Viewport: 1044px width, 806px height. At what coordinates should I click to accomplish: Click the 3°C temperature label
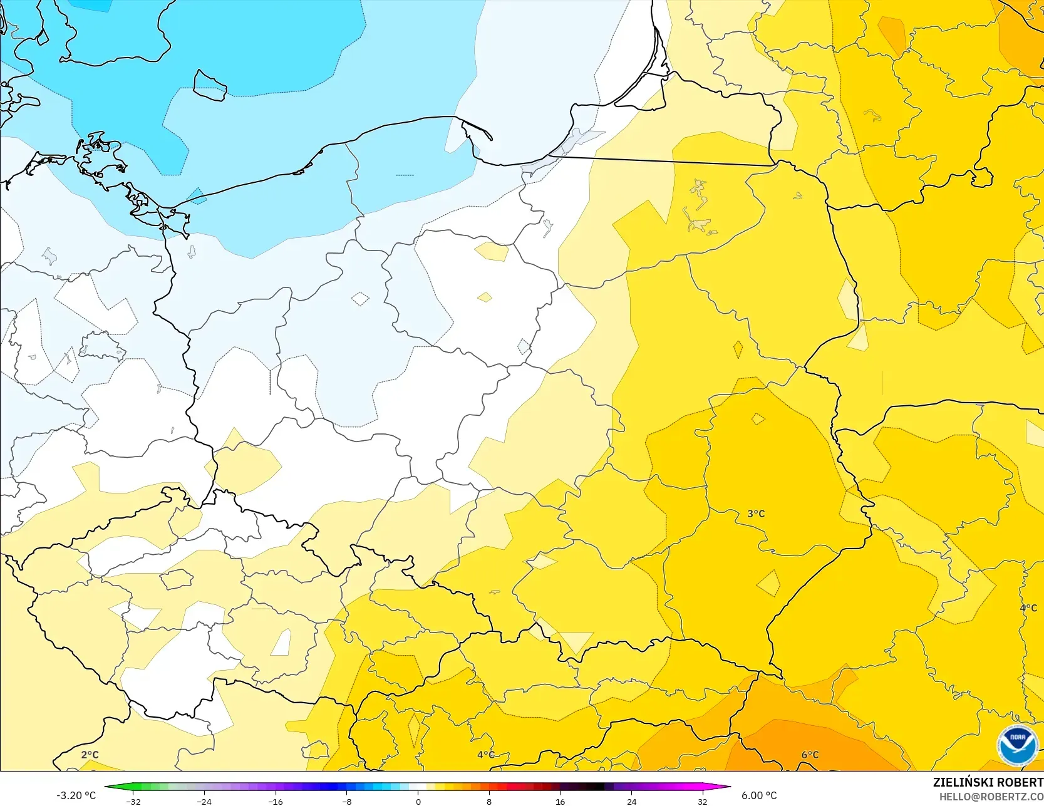[x=756, y=514]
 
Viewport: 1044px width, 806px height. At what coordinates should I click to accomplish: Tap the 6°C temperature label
[x=810, y=755]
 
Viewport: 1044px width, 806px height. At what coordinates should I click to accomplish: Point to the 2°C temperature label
[x=90, y=755]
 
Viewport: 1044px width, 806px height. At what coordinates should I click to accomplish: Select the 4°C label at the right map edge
[x=1028, y=607]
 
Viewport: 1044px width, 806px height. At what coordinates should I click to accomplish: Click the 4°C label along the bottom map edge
[x=485, y=755]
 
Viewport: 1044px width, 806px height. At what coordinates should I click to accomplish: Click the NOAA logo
[x=1017, y=745]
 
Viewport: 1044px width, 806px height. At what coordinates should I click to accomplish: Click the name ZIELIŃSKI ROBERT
[x=988, y=782]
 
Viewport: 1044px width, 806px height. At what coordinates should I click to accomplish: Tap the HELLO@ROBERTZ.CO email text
[x=995, y=796]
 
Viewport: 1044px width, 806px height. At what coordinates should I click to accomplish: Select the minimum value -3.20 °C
[x=76, y=795]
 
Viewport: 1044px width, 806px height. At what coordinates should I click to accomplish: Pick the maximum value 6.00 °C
[x=759, y=795]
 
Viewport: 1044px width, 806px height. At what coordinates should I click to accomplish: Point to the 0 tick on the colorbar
[x=418, y=802]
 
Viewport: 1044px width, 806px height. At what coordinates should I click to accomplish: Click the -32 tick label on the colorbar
[x=133, y=802]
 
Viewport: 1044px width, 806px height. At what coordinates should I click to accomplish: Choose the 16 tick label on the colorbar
[x=560, y=802]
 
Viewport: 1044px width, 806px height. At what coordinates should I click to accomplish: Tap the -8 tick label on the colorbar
[x=346, y=802]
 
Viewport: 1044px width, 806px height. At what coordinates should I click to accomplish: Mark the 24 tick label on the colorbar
[x=631, y=802]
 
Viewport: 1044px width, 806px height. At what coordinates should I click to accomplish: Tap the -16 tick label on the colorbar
[x=275, y=802]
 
